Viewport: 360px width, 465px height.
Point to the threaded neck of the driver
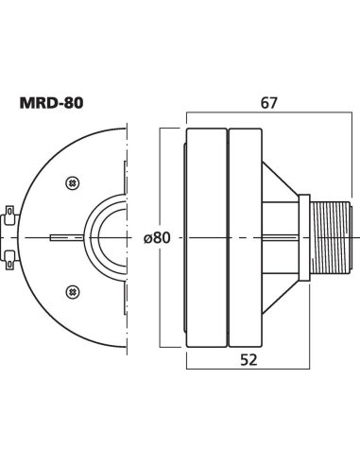tap(329, 235)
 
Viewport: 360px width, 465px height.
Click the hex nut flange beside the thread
tap(304, 235)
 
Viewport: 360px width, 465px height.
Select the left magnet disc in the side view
tap(207, 236)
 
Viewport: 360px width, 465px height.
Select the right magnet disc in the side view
tap(247, 236)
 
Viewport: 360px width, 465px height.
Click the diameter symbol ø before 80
tap(146, 238)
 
